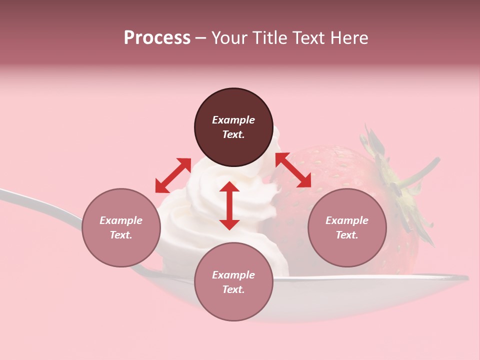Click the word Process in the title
click(x=157, y=38)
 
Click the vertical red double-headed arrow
click(x=229, y=205)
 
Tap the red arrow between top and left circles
click(x=173, y=175)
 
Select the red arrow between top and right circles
click(x=293, y=170)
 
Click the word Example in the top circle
click(x=233, y=120)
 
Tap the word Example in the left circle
click(x=121, y=220)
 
